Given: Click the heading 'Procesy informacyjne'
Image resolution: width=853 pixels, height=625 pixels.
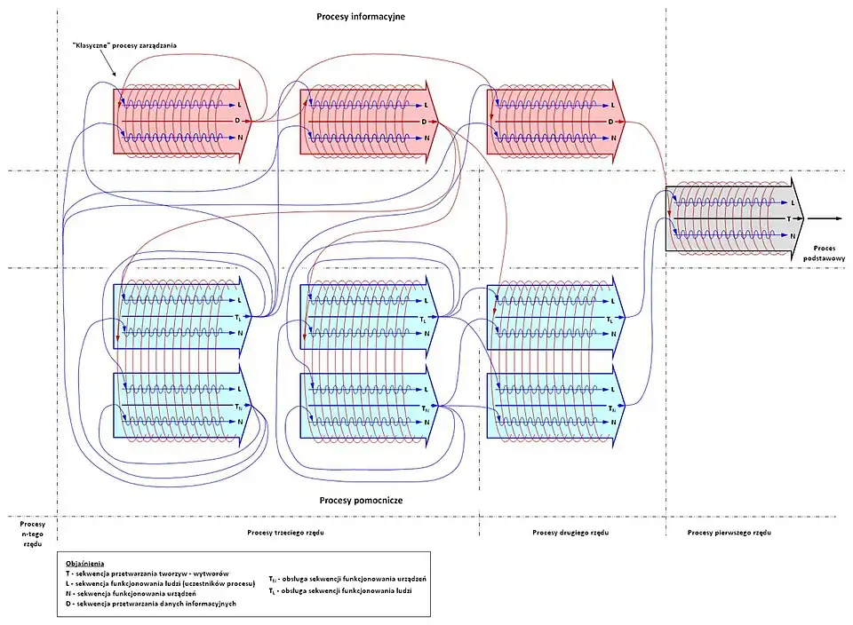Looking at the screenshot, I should pyautogui.click(x=361, y=17).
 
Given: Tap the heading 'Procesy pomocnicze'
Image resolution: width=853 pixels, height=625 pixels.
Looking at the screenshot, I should pyautogui.click(x=361, y=501).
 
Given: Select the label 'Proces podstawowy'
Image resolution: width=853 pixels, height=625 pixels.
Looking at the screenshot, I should pyautogui.click(x=823, y=252).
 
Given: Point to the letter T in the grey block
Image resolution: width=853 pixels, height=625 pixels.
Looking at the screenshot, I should pyautogui.click(x=788, y=218).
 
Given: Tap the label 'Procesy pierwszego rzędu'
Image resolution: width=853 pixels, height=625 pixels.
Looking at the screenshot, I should pyautogui.click(x=729, y=533).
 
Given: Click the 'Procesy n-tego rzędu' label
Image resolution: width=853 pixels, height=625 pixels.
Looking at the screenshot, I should pyautogui.click(x=31, y=534).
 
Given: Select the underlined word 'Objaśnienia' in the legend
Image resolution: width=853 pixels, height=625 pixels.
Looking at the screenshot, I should pyautogui.click(x=85, y=563).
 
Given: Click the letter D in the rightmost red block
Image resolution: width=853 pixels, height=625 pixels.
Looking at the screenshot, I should pyautogui.click(x=611, y=121).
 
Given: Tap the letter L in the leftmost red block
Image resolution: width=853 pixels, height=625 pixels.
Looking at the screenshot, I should pyautogui.click(x=239, y=105).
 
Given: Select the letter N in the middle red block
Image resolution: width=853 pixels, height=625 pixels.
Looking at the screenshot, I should pyautogui.click(x=426, y=138).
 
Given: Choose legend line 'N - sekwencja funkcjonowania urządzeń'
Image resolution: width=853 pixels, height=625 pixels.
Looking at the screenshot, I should pyautogui.click(x=147, y=594).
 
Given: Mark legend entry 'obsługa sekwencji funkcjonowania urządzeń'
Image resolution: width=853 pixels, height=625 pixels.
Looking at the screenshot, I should pyautogui.click(x=352, y=579).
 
